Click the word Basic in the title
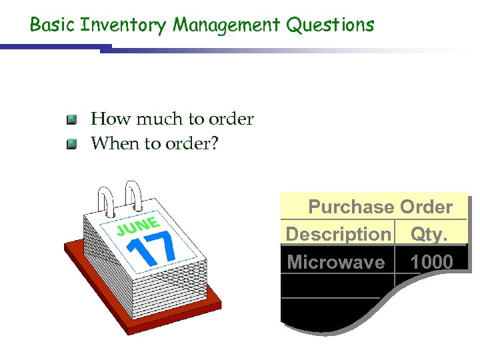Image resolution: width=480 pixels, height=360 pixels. click(53, 25)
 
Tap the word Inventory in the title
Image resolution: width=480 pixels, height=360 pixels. click(124, 25)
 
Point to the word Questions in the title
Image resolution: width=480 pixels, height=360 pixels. click(331, 25)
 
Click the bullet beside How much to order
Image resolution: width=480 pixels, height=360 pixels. click(72, 120)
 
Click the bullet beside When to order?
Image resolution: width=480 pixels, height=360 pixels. click(72, 143)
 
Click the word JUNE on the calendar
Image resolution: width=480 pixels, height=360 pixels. click(138, 225)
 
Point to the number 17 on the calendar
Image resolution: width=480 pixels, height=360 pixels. click(151, 248)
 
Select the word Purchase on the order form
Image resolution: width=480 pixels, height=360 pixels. click(351, 207)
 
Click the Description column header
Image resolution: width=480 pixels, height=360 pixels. click(337, 235)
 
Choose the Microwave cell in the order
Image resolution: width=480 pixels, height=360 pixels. click(336, 262)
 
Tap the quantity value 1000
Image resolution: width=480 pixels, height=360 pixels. click(431, 262)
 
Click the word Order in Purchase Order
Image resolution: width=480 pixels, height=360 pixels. click(426, 207)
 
